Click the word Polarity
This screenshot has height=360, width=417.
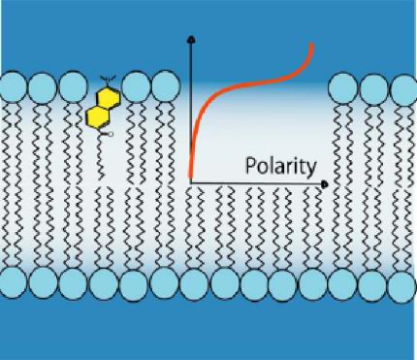pyautogui.click(x=280, y=167)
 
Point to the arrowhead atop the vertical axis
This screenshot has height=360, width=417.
pyautogui.click(x=192, y=40)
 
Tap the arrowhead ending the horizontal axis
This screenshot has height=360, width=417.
pyautogui.click(x=325, y=184)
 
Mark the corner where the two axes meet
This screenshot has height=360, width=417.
pyautogui.click(x=192, y=183)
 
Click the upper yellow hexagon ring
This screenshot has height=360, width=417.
pyautogui.click(x=109, y=97)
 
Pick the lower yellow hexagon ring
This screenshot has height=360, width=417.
pyautogui.click(x=97, y=116)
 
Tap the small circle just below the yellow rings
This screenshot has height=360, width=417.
pyautogui.click(x=111, y=134)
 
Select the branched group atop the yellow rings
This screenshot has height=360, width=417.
pyautogui.click(x=106, y=80)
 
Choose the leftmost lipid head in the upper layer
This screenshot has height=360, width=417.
pyautogui.click(x=13, y=87)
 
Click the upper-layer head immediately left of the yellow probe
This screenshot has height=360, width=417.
pyautogui.click(x=73, y=87)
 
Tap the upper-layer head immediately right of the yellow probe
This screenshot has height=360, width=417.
pyautogui.click(x=137, y=87)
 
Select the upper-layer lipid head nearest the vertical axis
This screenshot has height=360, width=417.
pyautogui.click(x=166, y=86)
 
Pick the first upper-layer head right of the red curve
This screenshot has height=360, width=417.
pyautogui.click(x=342, y=88)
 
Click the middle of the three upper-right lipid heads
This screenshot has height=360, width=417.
pyautogui.click(x=374, y=88)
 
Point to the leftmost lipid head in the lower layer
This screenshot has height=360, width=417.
pyautogui.click(x=13, y=283)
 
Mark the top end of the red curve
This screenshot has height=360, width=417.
pyautogui.click(x=311, y=45)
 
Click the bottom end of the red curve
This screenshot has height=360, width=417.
pyautogui.click(x=190, y=176)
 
